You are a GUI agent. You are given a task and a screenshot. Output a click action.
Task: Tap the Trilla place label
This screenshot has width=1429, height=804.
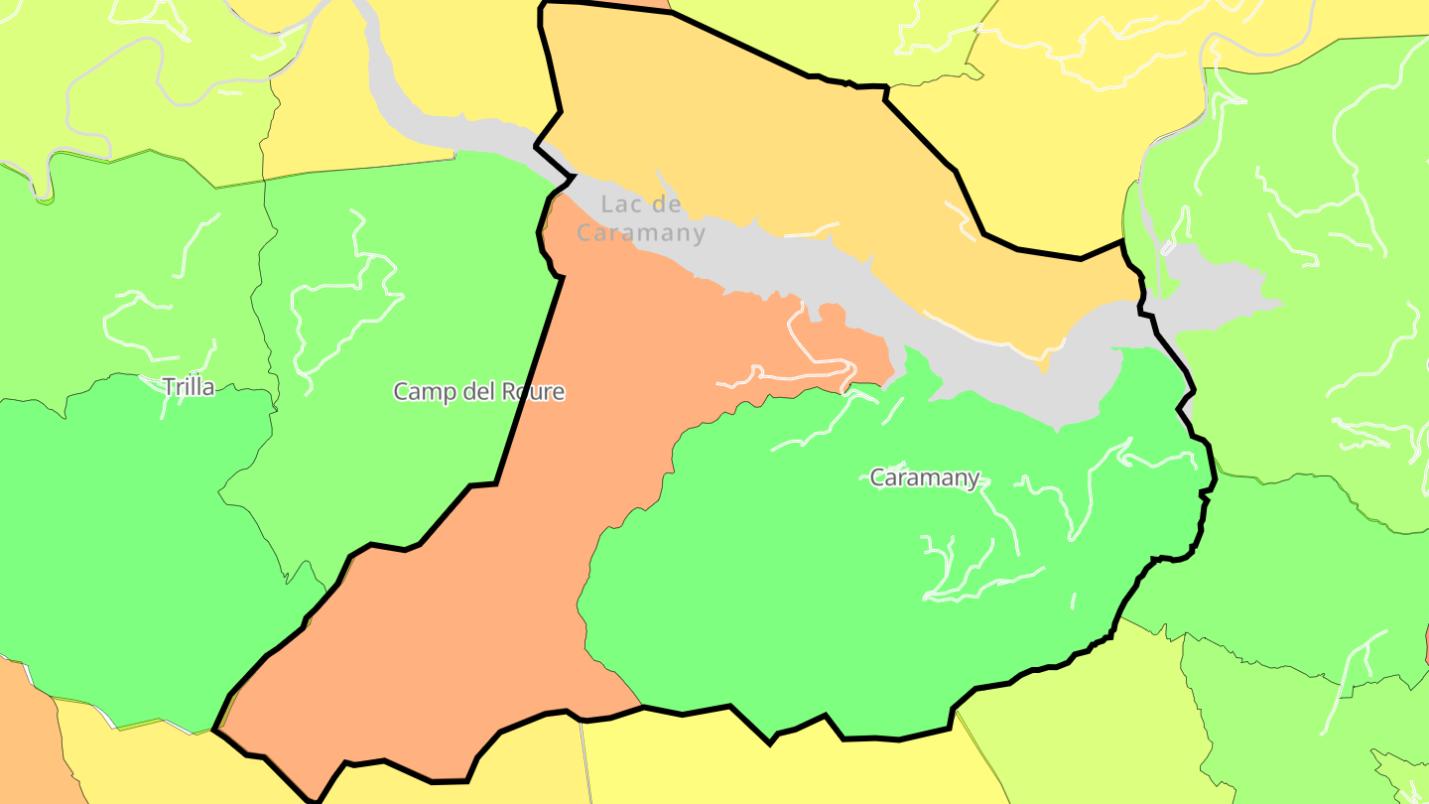[x=189, y=387]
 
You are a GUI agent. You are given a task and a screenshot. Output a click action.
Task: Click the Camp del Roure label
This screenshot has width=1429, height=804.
[x=479, y=391]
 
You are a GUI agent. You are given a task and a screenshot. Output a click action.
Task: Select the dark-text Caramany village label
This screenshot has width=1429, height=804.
[x=925, y=477]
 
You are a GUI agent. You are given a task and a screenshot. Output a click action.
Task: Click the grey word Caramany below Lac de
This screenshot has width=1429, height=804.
[x=641, y=234]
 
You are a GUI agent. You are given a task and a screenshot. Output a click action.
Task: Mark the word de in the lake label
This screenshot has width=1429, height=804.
[x=669, y=204]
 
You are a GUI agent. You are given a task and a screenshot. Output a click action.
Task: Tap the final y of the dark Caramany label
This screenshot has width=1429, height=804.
[x=974, y=480]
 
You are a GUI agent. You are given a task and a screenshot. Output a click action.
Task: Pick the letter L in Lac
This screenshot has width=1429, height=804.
[x=606, y=204]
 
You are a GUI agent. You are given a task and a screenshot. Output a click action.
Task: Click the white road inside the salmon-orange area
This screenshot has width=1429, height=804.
[x=794, y=377]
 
